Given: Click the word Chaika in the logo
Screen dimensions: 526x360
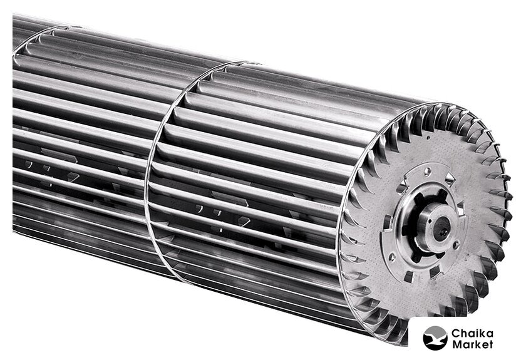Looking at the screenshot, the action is click(x=472, y=333).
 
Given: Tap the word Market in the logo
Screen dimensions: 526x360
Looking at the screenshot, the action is click(x=472, y=344).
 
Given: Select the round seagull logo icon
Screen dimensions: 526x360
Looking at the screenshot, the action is click(x=435, y=338).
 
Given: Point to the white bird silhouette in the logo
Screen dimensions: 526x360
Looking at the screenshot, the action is click(x=435, y=339).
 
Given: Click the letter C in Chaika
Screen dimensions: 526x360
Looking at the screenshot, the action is click(x=456, y=334).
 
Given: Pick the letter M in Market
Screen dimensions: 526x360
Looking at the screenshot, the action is click(x=457, y=344).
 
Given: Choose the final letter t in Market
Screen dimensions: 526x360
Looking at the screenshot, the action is click(x=490, y=344).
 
